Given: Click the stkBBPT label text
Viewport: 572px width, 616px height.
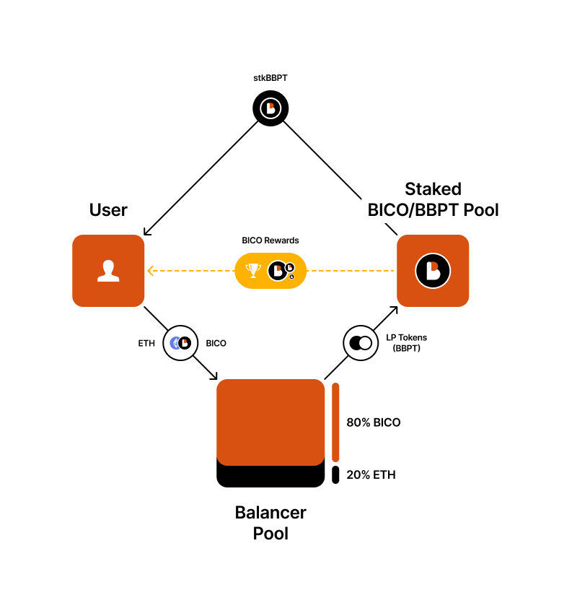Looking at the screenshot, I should click(x=270, y=77).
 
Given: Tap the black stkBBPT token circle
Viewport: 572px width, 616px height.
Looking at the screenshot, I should click(x=270, y=109).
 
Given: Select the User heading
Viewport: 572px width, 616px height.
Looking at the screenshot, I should click(x=108, y=210).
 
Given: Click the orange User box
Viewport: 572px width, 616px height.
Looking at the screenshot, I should click(x=108, y=270).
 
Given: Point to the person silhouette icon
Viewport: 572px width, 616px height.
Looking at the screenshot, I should click(x=108, y=271).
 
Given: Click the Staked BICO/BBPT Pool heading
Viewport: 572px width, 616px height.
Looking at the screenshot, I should click(x=433, y=199).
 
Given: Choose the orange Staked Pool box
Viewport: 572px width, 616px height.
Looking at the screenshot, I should click(x=433, y=270).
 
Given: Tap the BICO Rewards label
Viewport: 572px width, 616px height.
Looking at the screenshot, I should click(x=270, y=240).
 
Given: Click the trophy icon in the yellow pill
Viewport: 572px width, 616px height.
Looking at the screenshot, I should click(x=253, y=271).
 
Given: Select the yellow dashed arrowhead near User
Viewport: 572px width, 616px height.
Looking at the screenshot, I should click(x=150, y=271).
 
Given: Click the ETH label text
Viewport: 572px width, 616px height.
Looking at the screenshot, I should click(x=146, y=343).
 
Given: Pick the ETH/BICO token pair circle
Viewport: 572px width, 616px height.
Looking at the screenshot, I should click(x=180, y=343).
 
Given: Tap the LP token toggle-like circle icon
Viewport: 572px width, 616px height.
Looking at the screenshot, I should click(x=361, y=343).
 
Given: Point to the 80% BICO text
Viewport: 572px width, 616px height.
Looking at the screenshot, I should click(x=373, y=422).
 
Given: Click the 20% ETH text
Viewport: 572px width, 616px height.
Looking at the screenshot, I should click(x=371, y=474).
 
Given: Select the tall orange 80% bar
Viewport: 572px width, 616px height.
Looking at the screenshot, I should click(x=335, y=422).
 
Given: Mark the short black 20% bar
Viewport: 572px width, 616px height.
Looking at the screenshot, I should click(x=335, y=474).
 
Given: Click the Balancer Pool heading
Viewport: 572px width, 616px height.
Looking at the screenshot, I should click(x=270, y=523).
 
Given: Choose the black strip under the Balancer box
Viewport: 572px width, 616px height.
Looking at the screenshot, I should click(x=270, y=477).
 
